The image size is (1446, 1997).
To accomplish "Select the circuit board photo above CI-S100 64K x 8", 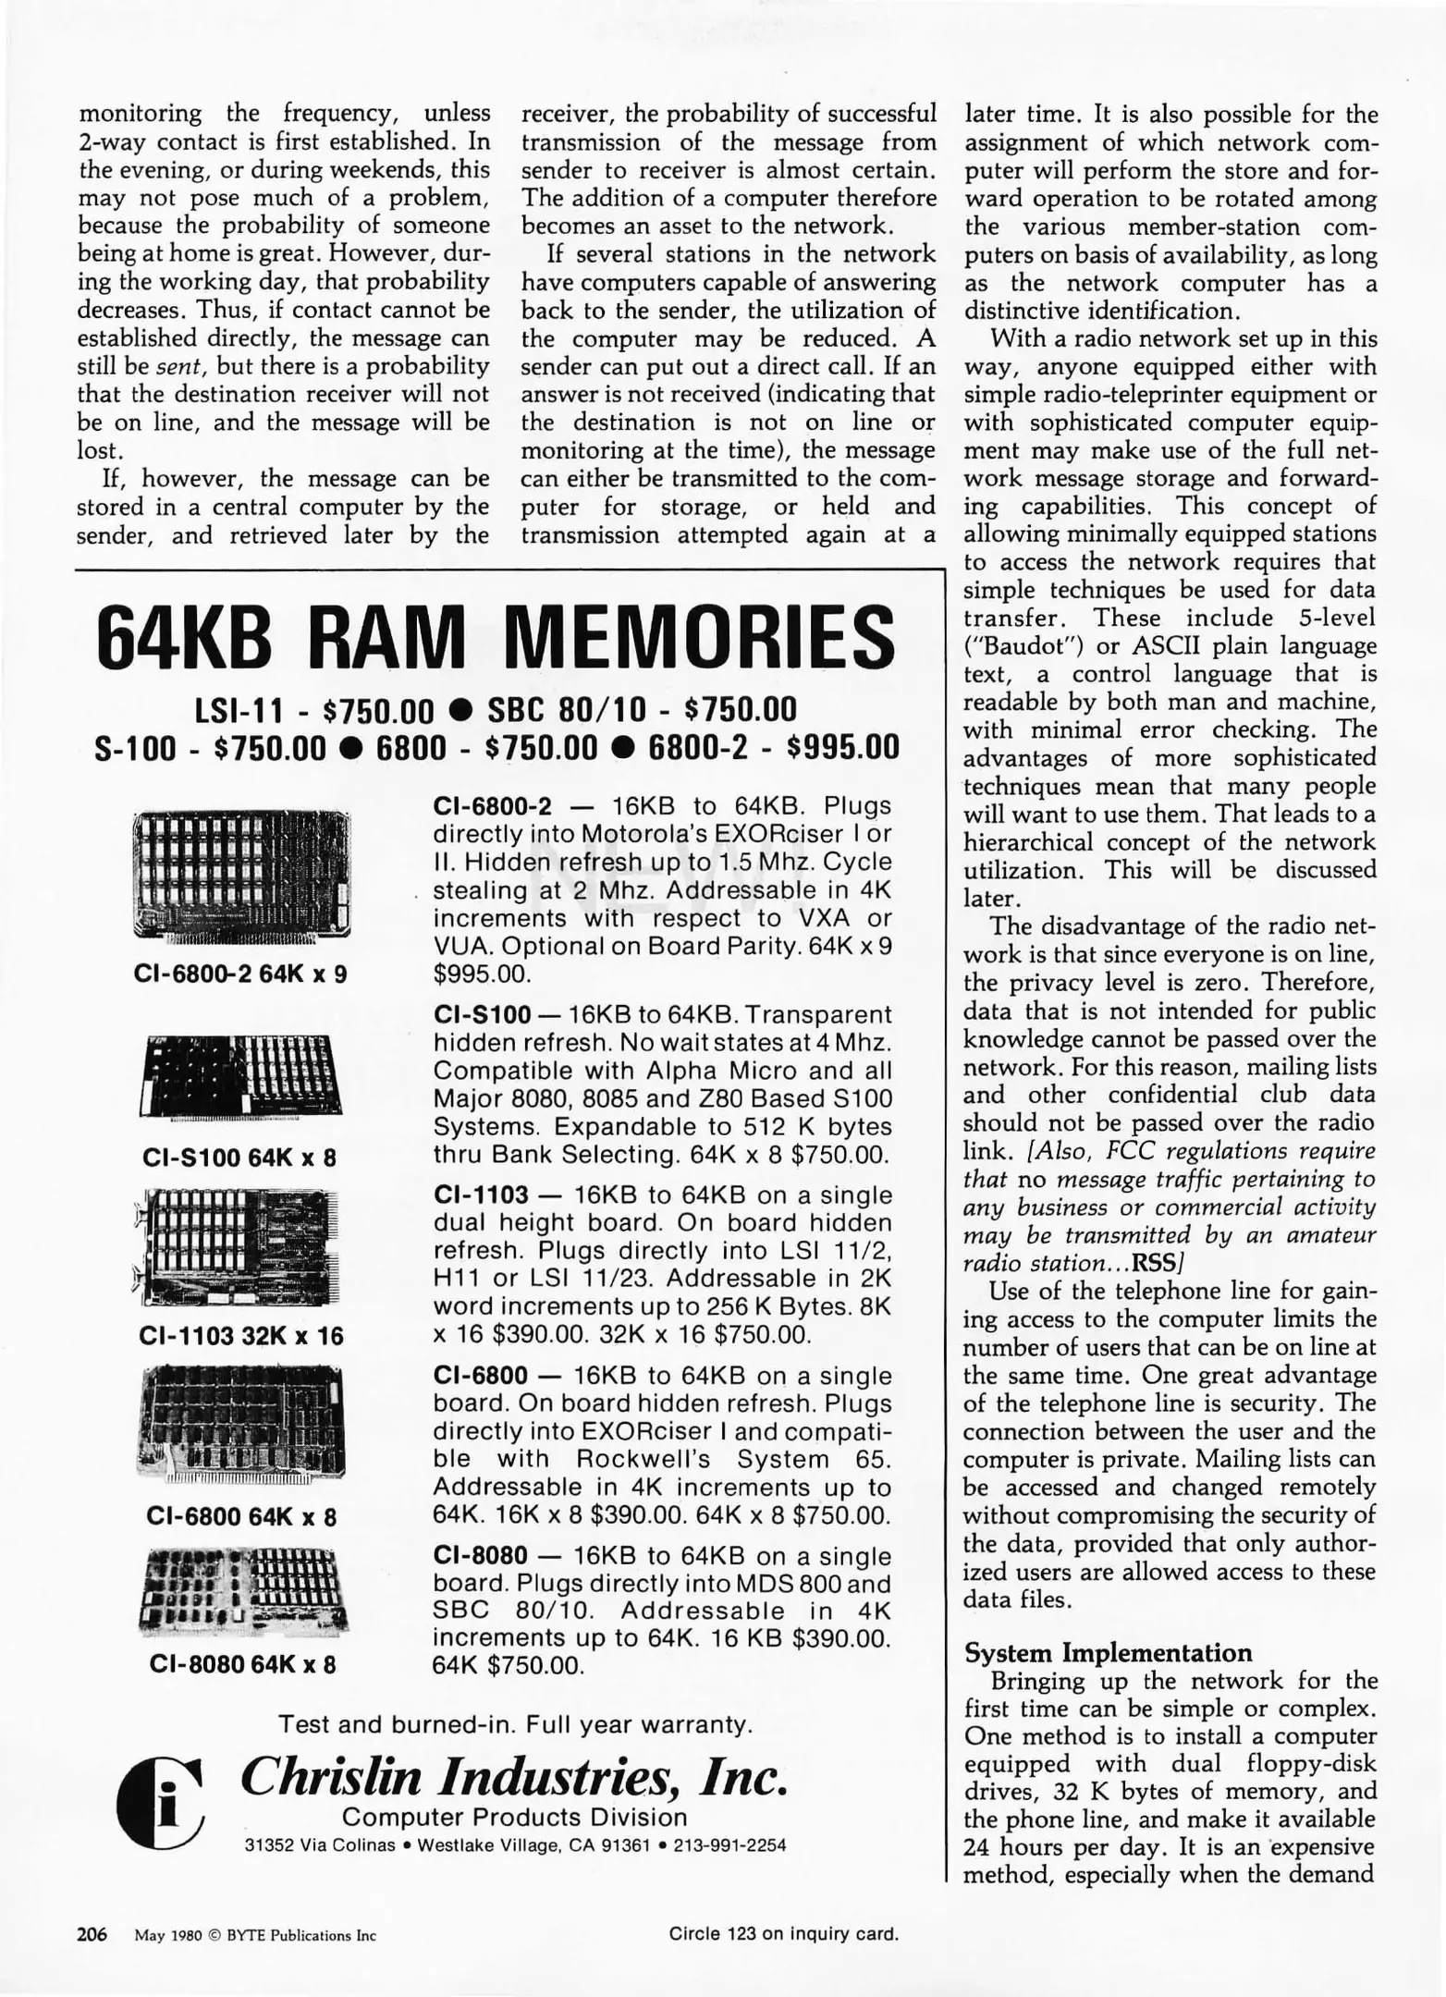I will click(242, 1075).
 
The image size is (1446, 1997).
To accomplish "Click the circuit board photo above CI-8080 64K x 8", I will click(243, 1590).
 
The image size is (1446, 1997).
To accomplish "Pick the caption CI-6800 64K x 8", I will click(242, 1516).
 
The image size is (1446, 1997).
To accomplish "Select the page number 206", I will click(92, 1934).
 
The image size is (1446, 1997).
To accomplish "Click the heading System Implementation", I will click(1108, 1652).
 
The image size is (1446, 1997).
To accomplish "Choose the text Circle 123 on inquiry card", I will click(783, 1933).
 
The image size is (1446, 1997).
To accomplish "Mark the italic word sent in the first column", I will click(172, 367).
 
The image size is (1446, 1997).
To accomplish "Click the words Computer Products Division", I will click(515, 1817).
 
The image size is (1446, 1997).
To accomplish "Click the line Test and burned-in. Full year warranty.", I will click(515, 1724).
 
